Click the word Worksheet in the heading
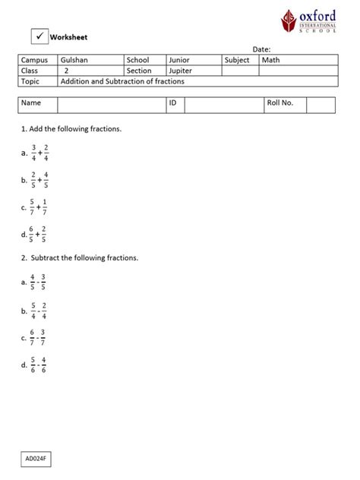tap(68, 36)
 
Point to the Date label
tap(261, 49)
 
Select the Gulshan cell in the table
tap(74, 60)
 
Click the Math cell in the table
tap(270, 60)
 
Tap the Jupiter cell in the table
tap(180, 71)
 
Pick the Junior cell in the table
tap(179, 60)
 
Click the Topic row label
tap(30, 81)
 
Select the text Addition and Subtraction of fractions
tap(122, 81)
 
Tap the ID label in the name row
tap(173, 103)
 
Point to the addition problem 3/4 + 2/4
tap(40, 153)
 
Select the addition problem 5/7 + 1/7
tap(40, 207)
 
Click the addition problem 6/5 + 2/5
tap(40, 234)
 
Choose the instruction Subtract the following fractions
tap(80, 257)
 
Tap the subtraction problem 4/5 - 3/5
tap(39, 282)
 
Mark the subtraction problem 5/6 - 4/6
tap(39, 365)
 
